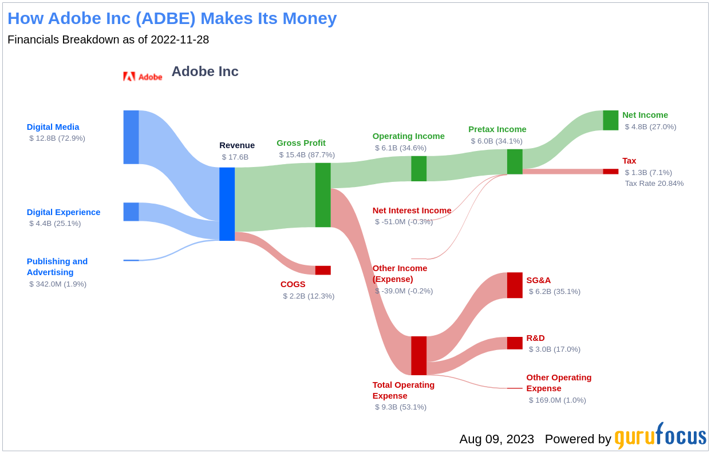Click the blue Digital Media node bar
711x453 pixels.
(131, 137)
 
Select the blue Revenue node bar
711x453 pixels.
(227, 204)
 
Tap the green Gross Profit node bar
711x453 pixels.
(323, 195)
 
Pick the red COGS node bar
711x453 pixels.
(323, 270)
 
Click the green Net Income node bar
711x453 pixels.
(610, 120)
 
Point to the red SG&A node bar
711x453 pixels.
(515, 285)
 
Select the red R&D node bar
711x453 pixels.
(515, 343)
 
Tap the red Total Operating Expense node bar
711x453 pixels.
(418, 356)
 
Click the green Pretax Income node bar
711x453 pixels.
(515, 162)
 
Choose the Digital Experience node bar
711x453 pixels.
(131, 212)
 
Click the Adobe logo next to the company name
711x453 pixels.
(143, 77)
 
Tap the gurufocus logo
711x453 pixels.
(660, 437)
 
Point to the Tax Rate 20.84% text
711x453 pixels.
(654, 184)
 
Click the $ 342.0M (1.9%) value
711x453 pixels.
(58, 284)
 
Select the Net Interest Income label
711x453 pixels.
(412, 210)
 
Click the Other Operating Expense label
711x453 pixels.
(559, 383)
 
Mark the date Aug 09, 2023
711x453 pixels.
(496, 439)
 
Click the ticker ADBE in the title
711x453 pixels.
(165, 18)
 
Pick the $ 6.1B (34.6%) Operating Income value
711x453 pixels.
(401, 148)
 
